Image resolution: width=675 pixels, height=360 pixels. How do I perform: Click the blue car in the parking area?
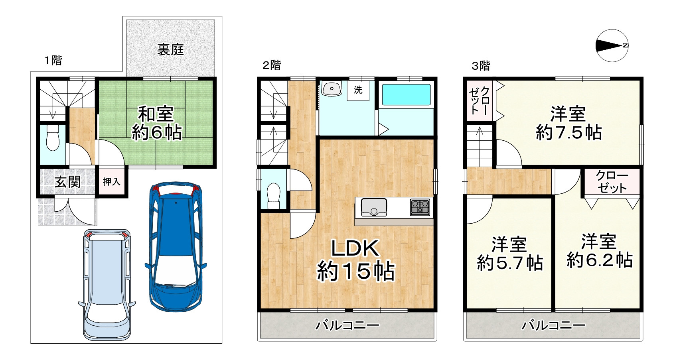[x=176, y=246]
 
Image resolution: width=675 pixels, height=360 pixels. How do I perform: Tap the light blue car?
[x=107, y=285]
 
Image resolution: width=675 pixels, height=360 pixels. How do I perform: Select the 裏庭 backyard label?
[x=171, y=50]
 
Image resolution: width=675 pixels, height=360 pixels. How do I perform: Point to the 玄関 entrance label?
[x=68, y=182]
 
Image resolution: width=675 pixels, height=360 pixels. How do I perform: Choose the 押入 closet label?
[x=111, y=182]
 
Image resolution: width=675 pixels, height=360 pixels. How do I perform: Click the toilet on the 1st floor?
[x=53, y=138]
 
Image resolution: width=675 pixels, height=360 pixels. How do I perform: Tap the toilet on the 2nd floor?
[x=274, y=196]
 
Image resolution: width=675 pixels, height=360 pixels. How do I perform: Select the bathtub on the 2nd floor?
[x=406, y=94]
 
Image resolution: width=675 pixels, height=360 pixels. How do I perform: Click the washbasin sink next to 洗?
[x=331, y=89]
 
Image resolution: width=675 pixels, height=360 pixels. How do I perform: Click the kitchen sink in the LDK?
[x=374, y=207]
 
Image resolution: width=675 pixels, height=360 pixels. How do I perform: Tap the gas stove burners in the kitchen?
[x=420, y=207]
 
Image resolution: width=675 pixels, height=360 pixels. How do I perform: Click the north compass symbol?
[x=612, y=46]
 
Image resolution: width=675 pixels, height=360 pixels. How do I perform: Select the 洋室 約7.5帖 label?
[x=568, y=123]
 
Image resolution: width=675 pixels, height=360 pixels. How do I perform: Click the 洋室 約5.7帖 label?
[x=510, y=254]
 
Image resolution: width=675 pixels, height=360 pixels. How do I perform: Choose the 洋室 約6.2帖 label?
[x=599, y=251]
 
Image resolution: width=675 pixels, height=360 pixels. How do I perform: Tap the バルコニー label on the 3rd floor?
[x=554, y=326]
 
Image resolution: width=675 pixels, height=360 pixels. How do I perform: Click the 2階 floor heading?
[x=272, y=65]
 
